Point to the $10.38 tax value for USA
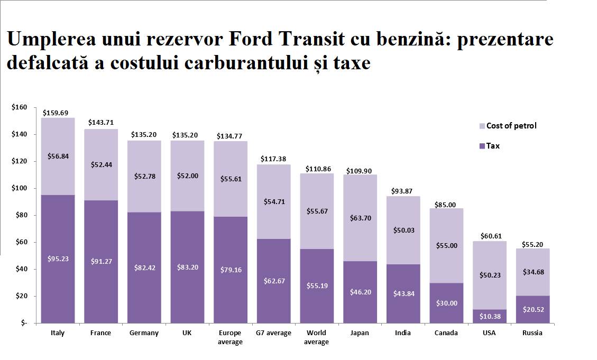[x=489, y=316]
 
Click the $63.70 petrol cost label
[x=360, y=217]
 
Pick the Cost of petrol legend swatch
[x=481, y=126]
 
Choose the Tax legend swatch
[x=481, y=146]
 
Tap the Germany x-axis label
[x=144, y=333]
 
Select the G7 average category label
[x=273, y=333]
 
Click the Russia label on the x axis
[x=532, y=333]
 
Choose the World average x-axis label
[x=317, y=337]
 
